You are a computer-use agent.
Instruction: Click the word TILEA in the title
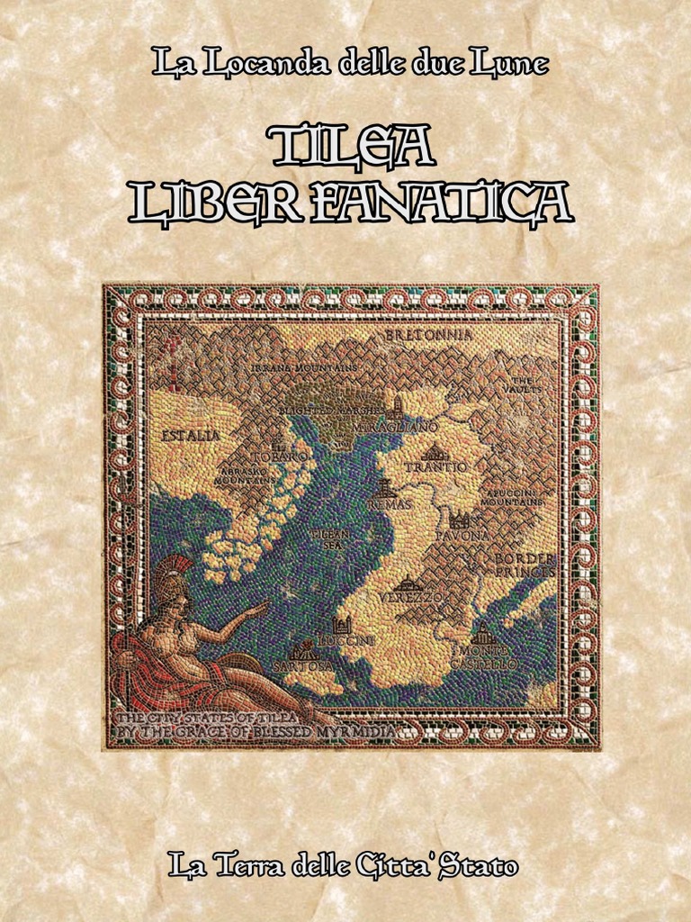coord(352,147)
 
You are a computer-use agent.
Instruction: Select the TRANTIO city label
coord(435,467)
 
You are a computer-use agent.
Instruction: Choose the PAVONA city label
coord(462,536)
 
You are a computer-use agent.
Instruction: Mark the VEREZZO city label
coord(410,597)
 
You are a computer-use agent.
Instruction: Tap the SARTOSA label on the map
coord(302,664)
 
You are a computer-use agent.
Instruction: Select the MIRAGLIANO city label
coord(408,424)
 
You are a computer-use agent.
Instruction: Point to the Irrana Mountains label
coord(304,367)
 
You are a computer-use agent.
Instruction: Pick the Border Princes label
coord(525,565)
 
